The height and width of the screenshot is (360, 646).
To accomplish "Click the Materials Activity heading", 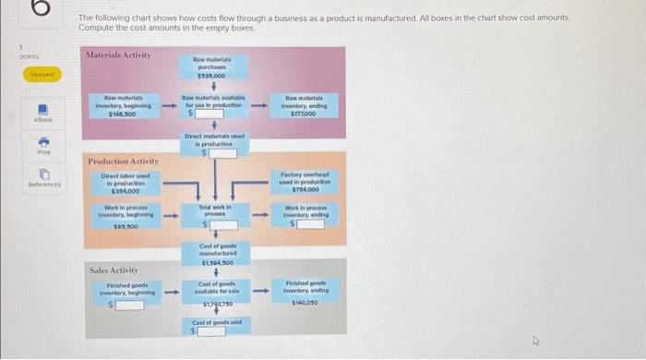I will (x=119, y=56).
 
